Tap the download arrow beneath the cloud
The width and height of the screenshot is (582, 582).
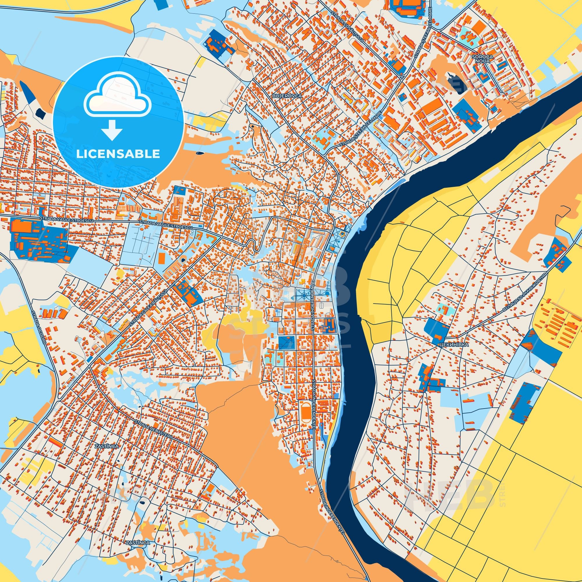coord(111,129)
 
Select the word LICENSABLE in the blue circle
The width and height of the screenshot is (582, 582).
coord(118,154)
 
